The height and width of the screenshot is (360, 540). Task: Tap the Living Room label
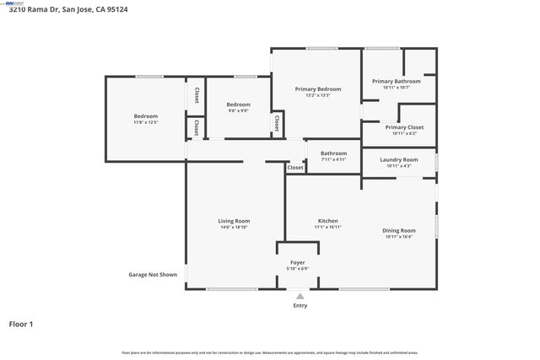point(234,221)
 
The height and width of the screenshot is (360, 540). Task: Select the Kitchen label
point(327,221)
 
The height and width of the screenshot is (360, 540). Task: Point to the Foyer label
point(299,262)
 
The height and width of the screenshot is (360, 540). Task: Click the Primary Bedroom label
point(317,89)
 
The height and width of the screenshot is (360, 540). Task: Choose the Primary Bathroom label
point(396,81)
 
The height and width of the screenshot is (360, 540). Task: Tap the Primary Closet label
point(404,127)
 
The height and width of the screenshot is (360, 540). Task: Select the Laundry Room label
point(398,159)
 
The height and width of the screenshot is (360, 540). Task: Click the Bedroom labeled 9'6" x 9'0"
point(238,105)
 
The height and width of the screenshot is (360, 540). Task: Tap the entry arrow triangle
point(300,296)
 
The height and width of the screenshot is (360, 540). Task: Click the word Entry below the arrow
point(300,305)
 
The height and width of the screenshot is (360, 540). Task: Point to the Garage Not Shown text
point(153,274)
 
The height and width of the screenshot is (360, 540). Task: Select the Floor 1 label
point(22,323)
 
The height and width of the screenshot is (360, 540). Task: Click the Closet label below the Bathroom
point(294,168)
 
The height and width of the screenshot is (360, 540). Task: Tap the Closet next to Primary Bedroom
point(277,123)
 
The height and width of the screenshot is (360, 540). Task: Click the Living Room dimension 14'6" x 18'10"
point(234,227)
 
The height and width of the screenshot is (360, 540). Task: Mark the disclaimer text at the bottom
point(270,352)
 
